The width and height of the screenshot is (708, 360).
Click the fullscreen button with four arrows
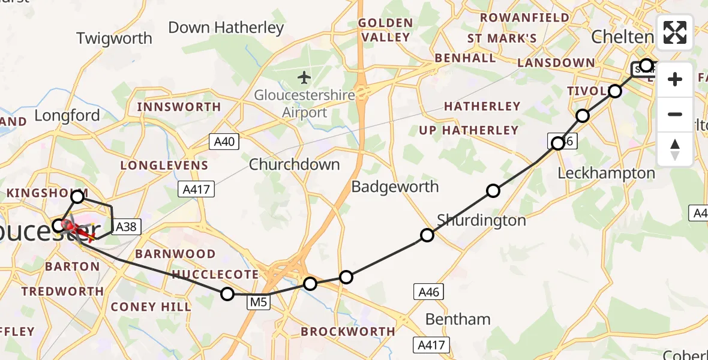pos(675,33)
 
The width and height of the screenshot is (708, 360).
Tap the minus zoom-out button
pos(675,114)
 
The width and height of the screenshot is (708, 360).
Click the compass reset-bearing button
pos(675,149)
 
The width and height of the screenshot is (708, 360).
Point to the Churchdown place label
pos(294,164)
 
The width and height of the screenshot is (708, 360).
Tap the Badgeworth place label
pos(395,187)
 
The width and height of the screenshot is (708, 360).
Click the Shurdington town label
pos(481,220)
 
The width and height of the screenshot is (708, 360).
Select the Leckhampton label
pos(606,173)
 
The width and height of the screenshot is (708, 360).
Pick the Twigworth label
pos(114,38)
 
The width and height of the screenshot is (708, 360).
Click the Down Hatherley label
pos(226,28)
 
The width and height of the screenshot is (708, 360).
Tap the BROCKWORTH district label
pos(348,331)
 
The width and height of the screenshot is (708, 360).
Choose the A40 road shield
pos(224,142)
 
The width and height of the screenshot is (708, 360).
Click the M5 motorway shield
pos(259,303)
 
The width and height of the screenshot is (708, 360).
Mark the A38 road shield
pos(125,226)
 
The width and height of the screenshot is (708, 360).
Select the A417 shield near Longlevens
pos(196,190)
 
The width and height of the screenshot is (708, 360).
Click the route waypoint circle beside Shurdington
pos(427,235)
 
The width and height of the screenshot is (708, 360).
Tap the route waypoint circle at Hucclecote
pos(227,293)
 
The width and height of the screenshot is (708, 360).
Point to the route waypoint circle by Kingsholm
pos(77,196)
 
